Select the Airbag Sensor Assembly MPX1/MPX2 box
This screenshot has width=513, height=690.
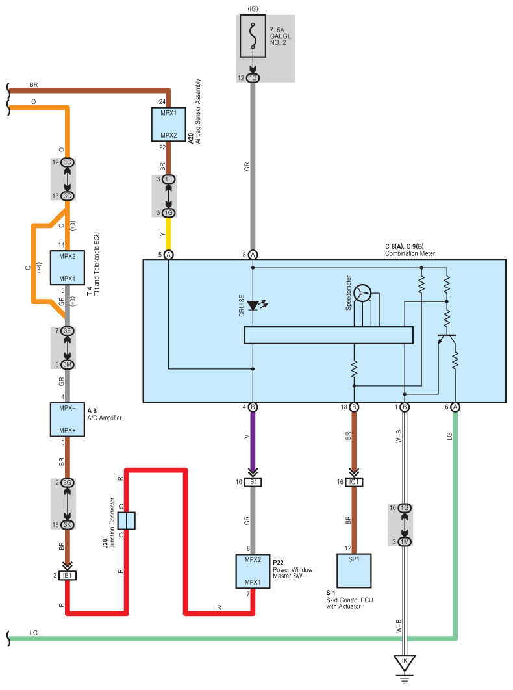click(x=168, y=124)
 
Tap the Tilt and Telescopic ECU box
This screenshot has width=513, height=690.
click(x=68, y=268)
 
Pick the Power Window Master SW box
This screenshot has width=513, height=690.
click(x=253, y=571)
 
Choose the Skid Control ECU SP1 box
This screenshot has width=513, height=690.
click(x=354, y=570)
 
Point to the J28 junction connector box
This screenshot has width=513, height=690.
click(x=127, y=520)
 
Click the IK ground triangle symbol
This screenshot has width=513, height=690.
click(x=405, y=663)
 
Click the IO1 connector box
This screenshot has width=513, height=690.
click(x=354, y=482)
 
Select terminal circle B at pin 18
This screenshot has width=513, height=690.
click(x=354, y=407)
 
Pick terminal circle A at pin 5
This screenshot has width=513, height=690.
click(x=168, y=255)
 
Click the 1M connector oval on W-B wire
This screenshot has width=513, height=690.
click(x=405, y=542)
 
